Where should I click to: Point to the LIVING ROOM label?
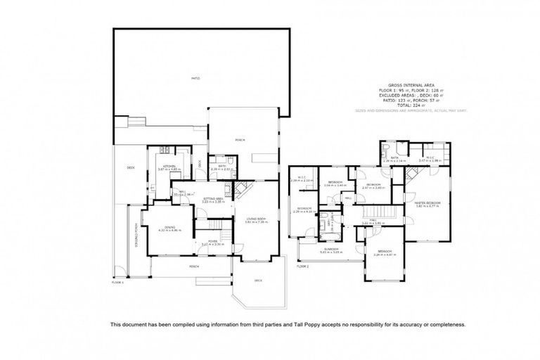click(255, 219)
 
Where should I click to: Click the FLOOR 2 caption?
click(303, 266)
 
